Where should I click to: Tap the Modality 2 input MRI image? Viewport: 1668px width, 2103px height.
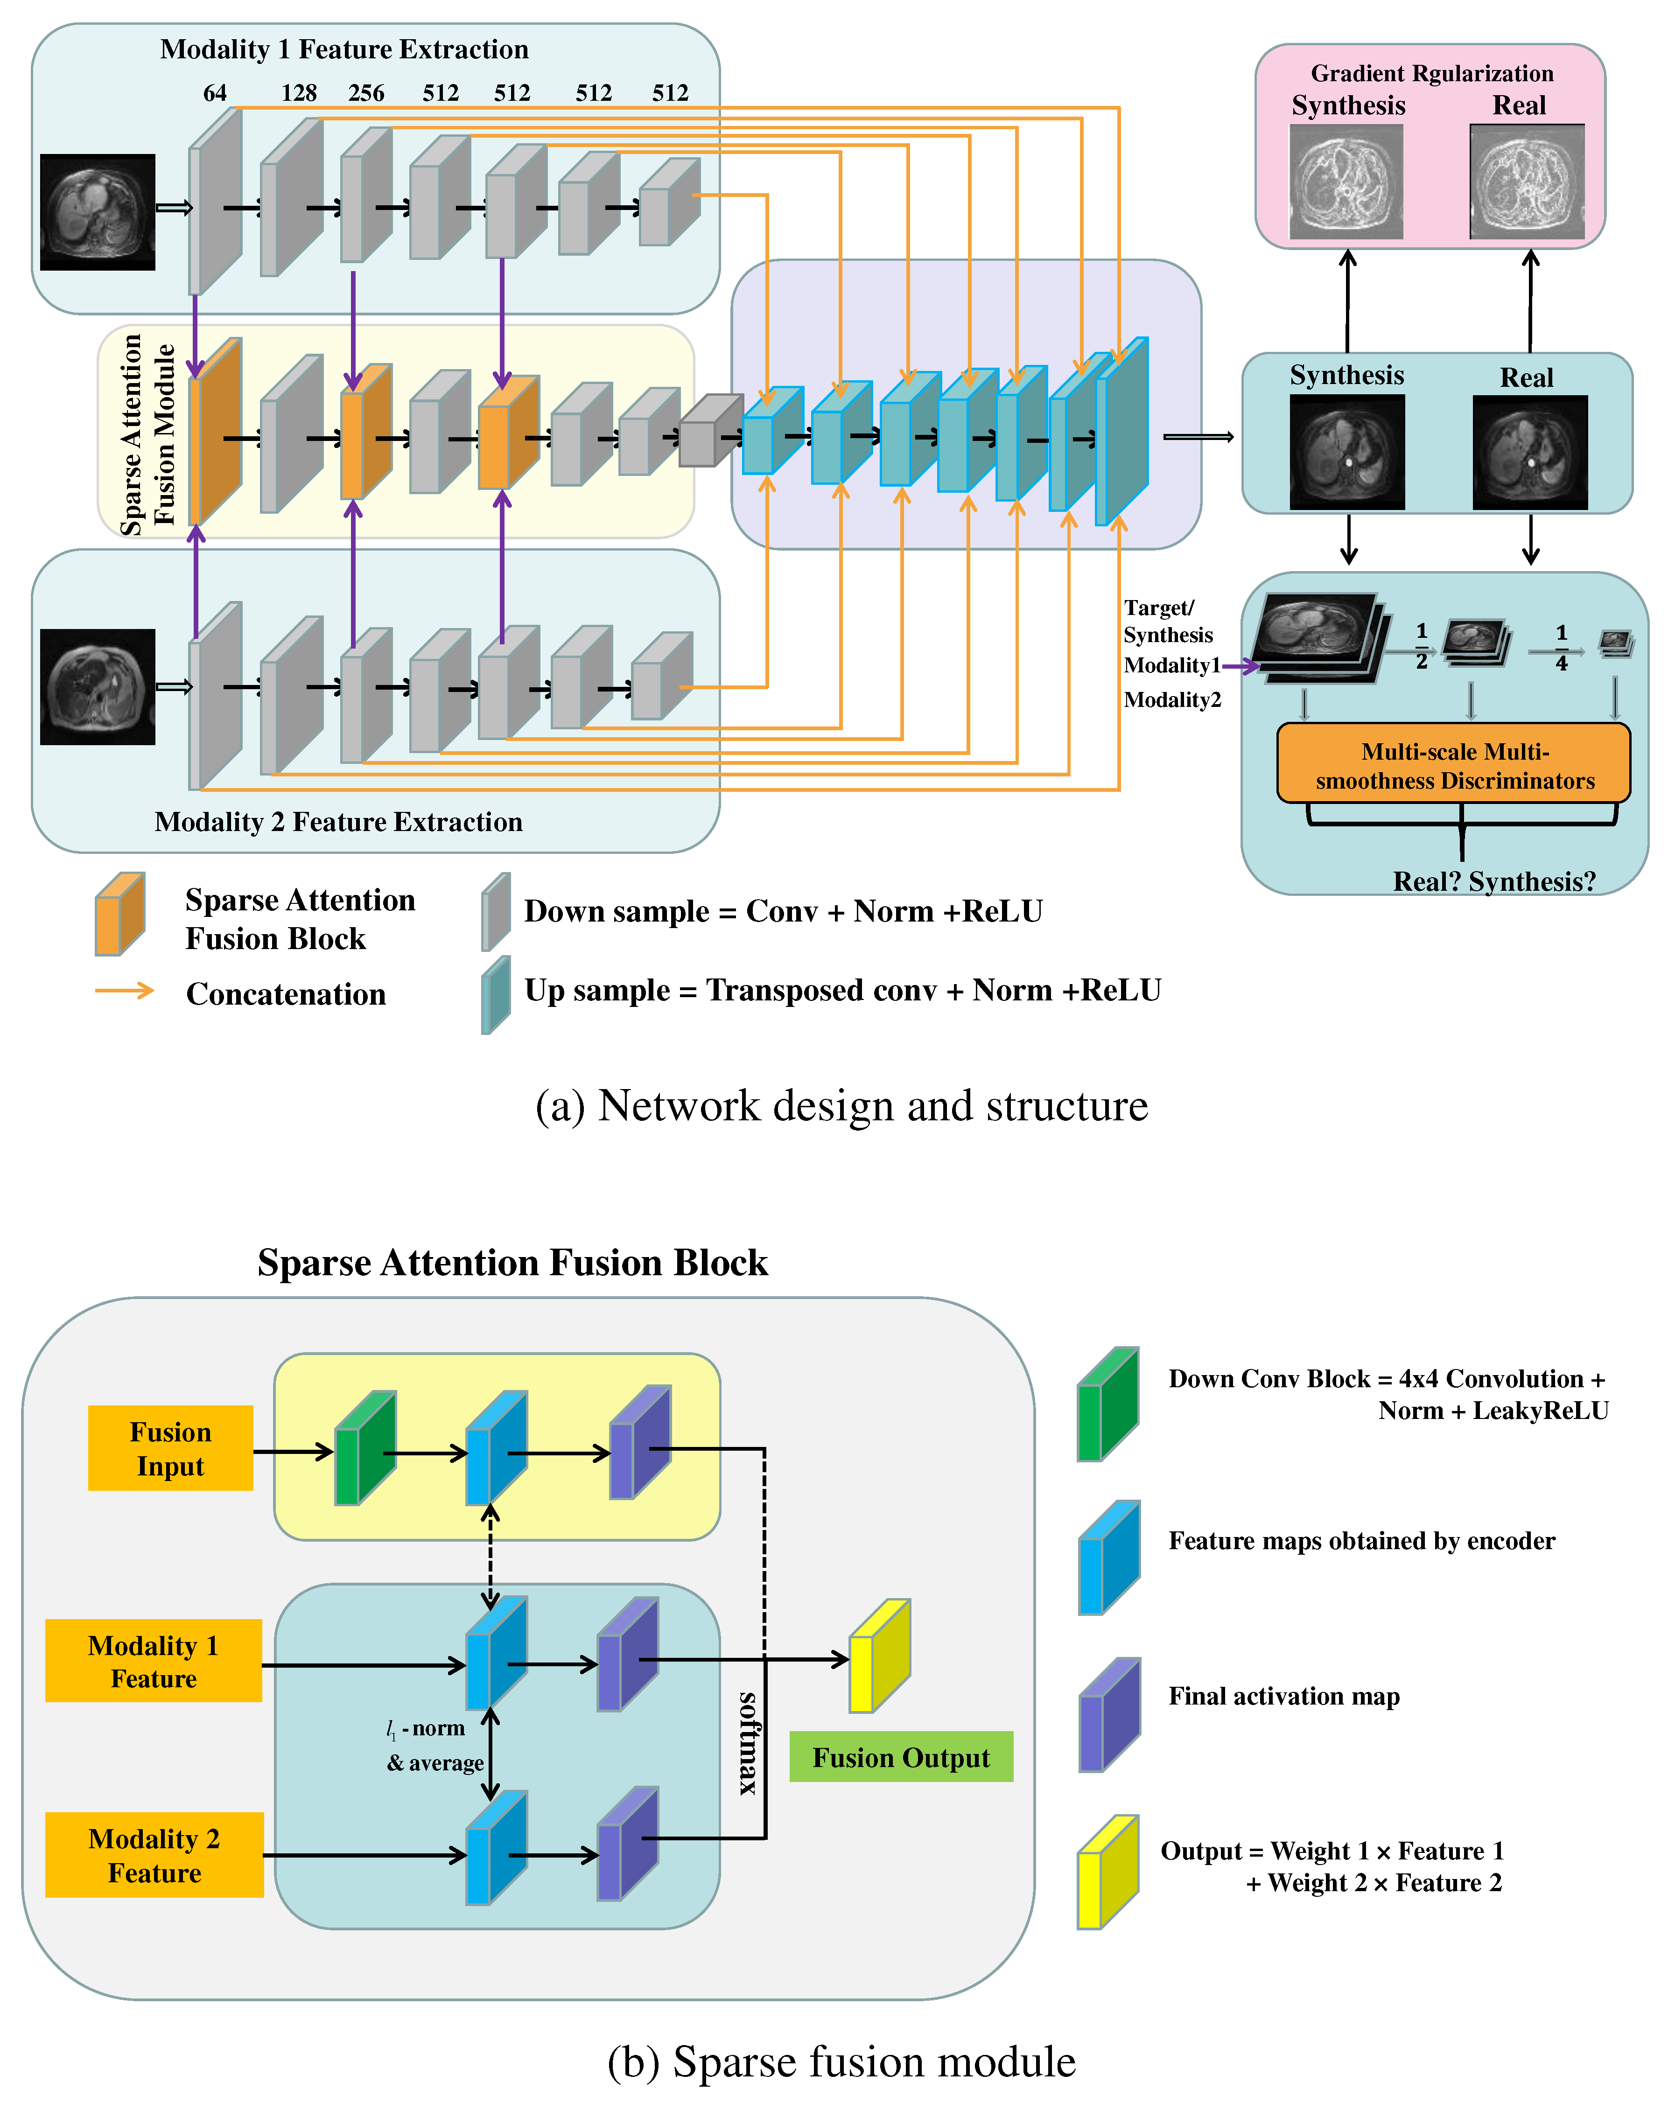(98, 687)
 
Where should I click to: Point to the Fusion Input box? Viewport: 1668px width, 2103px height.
(171, 1448)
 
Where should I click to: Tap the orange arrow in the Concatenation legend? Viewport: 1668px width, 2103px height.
(124, 991)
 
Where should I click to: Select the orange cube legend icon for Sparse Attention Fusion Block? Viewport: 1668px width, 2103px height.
(119, 914)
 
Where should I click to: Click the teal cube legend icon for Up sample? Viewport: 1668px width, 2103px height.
(496, 995)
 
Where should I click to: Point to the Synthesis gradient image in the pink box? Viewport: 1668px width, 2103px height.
(1346, 182)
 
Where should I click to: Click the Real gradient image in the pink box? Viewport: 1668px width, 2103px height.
(1527, 182)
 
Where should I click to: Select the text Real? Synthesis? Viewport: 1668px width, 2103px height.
(1493, 882)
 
